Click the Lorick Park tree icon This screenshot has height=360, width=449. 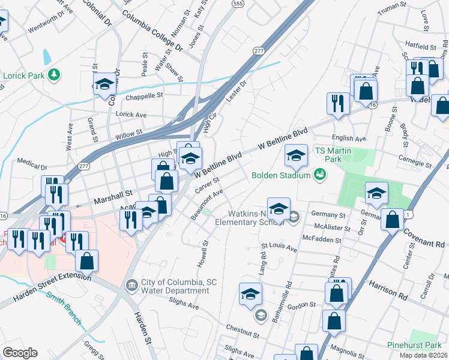[55, 74]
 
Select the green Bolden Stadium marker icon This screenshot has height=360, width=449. [320, 175]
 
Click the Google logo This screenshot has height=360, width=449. [20, 353]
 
